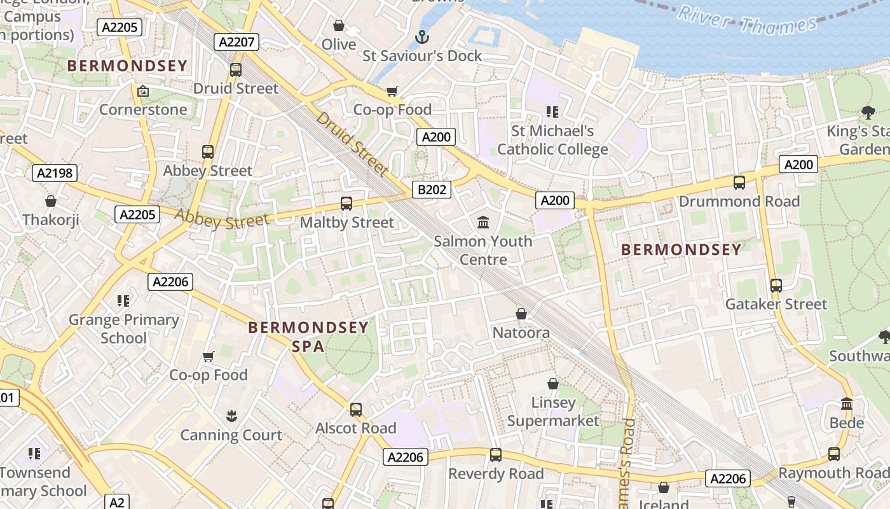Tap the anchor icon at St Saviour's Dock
click(422, 38)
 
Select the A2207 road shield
click(236, 43)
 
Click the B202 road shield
click(432, 190)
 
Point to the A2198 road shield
click(54, 173)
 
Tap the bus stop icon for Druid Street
click(236, 70)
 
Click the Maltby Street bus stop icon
click(346, 204)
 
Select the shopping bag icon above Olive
click(339, 26)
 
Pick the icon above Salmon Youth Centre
click(483, 223)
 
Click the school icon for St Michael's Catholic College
click(552, 112)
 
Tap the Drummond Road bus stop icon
click(739, 183)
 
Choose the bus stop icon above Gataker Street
click(776, 286)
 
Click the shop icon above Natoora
click(521, 314)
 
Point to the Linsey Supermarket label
click(553, 412)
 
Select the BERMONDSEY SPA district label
click(308, 337)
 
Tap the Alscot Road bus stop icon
click(356, 410)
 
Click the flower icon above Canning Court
click(231, 416)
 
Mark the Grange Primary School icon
click(123, 300)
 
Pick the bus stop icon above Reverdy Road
click(496, 455)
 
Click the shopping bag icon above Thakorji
click(51, 202)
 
